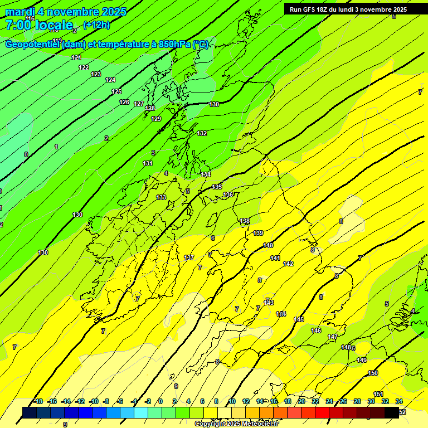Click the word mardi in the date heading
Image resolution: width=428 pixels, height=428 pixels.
click(x=20, y=12)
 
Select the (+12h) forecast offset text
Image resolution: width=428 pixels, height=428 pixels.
click(x=96, y=25)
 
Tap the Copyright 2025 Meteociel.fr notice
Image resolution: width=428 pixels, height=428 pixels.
click(x=236, y=424)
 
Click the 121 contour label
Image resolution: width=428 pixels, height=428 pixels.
click(x=76, y=57)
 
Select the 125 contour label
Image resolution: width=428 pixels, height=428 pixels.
click(x=116, y=91)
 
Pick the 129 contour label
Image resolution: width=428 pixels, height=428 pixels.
click(x=156, y=119)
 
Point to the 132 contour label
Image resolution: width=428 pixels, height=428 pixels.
click(x=202, y=133)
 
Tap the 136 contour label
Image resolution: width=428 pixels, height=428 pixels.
click(x=228, y=194)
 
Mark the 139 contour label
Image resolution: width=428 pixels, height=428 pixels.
click(x=258, y=233)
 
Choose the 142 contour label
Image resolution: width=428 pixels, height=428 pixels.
click(x=288, y=264)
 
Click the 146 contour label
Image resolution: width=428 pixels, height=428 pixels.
click(x=316, y=330)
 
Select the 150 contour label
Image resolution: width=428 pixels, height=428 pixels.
click(x=373, y=373)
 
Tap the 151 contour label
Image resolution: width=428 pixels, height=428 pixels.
click(x=378, y=395)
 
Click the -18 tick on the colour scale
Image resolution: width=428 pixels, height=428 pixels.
click(x=38, y=401)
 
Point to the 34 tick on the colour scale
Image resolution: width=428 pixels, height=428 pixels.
click(x=399, y=401)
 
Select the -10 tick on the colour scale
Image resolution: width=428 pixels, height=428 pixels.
click(x=94, y=401)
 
